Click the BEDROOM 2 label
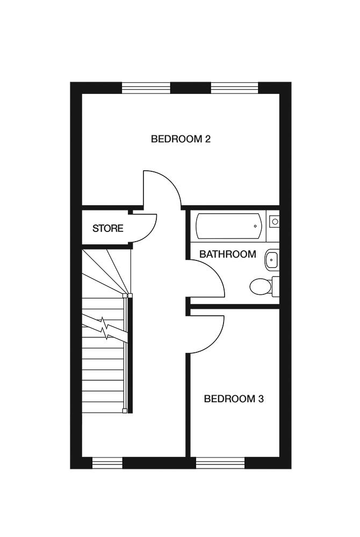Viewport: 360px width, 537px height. tap(180, 139)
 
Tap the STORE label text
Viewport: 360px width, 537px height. tap(107, 228)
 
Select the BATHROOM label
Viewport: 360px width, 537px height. tap(227, 254)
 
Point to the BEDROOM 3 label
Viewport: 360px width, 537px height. tap(233, 399)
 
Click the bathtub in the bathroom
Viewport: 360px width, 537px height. tap(228, 226)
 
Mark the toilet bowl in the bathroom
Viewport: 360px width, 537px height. tap(260, 286)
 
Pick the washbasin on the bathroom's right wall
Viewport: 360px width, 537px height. tap(272, 260)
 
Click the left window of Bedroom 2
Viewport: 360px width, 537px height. tap(146, 88)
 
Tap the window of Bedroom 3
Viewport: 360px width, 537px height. tap(220, 462)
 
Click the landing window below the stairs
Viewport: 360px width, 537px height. tap(107, 462)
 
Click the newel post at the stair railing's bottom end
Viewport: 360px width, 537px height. tap(125, 411)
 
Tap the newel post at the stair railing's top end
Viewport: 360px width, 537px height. tap(125, 295)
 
